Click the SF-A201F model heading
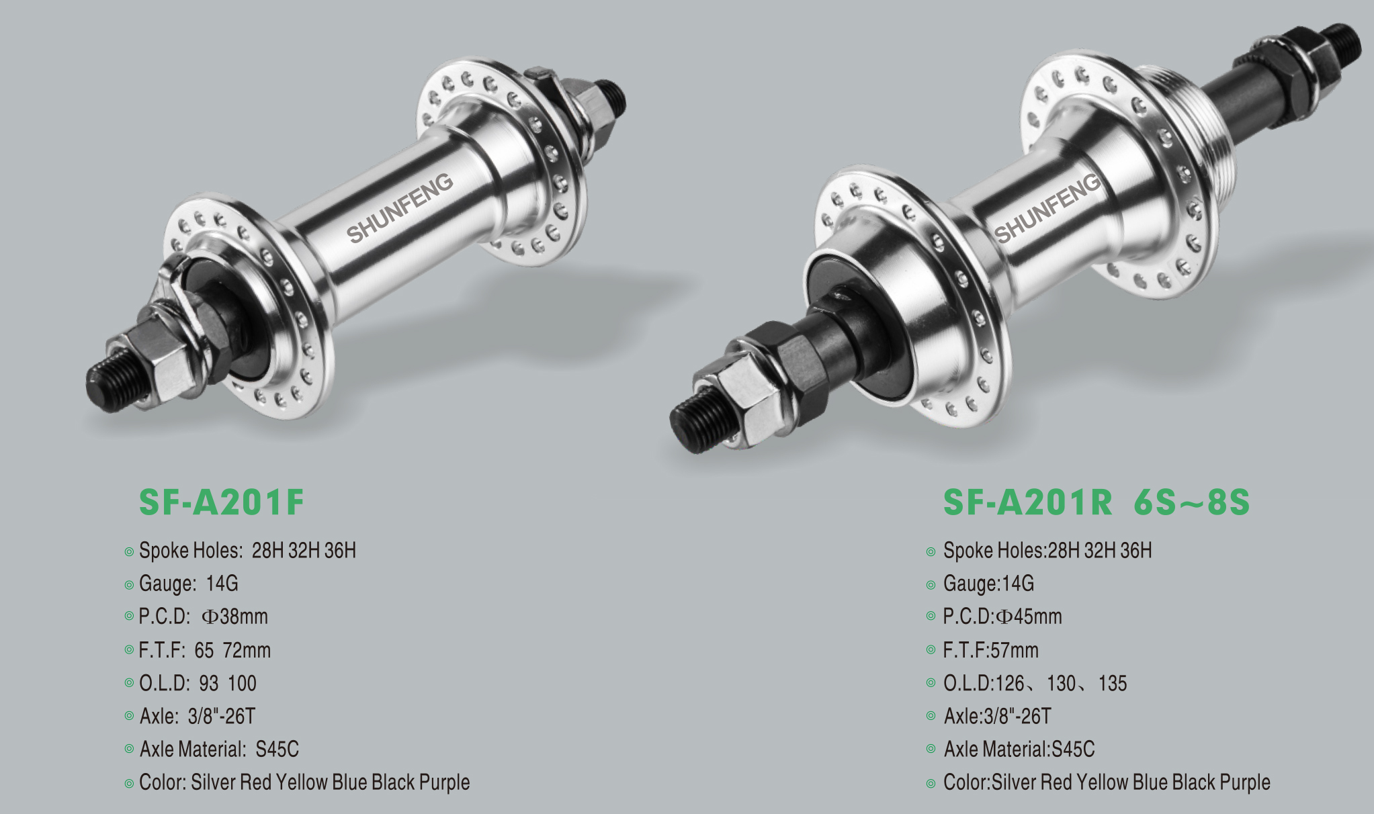pos(221,502)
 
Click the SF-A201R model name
pos(1027,502)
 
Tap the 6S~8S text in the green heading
pos(1191,502)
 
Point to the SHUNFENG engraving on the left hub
pos(400,208)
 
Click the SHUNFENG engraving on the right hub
pos(1047,208)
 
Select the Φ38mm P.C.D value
pos(234,617)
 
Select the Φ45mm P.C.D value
pos(1029,617)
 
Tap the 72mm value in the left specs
pos(247,650)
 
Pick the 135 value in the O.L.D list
pos(1113,683)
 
